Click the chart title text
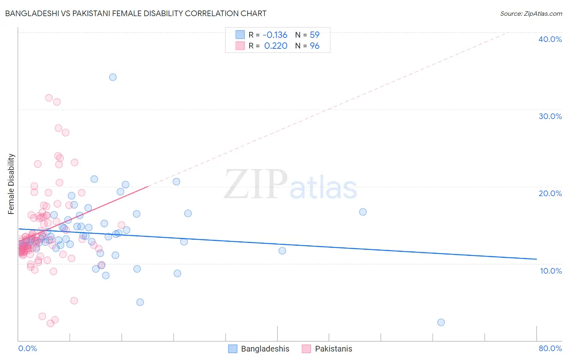(135, 13)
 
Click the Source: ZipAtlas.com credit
(531, 13)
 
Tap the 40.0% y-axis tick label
(550, 39)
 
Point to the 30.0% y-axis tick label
(550, 116)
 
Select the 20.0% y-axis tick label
(550, 193)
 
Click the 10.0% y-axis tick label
(551, 271)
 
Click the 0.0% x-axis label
(27, 348)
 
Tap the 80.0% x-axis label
(550, 348)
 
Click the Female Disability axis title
(11, 184)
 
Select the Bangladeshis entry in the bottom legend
(265, 349)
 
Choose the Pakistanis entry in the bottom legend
(333, 349)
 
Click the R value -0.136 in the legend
(275, 35)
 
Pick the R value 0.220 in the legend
(276, 46)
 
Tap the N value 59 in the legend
(315, 35)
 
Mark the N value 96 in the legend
(315, 46)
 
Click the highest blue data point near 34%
(113, 77)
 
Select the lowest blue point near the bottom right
(441, 322)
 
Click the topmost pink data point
(49, 98)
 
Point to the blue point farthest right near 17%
(363, 212)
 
